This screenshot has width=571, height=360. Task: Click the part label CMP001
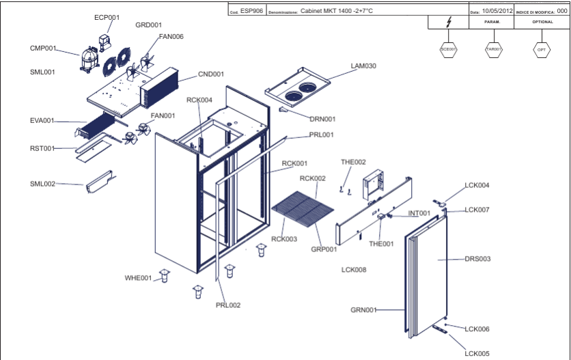click(x=42, y=48)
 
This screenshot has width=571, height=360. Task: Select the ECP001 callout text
click(x=107, y=18)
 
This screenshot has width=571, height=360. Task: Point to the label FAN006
click(x=171, y=36)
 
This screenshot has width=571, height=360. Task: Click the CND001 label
click(x=211, y=74)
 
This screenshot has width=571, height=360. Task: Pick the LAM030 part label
click(x=363, y=66)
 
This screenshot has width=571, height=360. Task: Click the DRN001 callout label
click(x=323, y=119)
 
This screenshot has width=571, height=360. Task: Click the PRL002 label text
click(x=228, y=305)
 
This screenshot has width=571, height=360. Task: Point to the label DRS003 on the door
click(x=477, y=259)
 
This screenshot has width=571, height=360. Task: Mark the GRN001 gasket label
click(x=364, y=309)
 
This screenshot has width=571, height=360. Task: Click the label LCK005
click(x=477, y=353)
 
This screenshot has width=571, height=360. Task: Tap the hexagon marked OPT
click(x=542, y=50)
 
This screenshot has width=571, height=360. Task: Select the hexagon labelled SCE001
click(x=449, y=50)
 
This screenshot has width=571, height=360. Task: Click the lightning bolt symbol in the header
click(x=448, y=22)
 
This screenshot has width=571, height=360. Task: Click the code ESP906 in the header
click(x=251, y=11)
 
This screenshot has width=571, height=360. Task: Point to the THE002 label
click(x=353, y=162)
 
